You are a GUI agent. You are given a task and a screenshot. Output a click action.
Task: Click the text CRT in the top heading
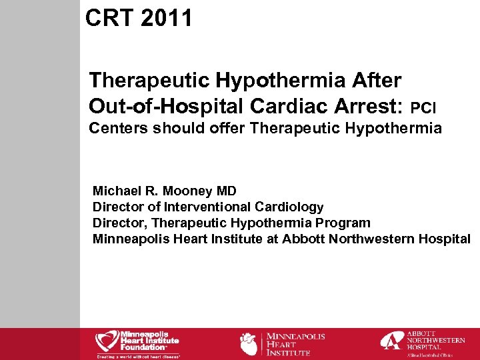(x=109, y=18)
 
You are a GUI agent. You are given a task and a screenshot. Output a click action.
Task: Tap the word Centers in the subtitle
(x=119, y=127)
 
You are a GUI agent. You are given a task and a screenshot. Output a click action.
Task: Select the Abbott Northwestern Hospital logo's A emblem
(x=391, y=341)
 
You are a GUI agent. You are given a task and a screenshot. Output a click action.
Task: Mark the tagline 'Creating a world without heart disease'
(x=138, y=356)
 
